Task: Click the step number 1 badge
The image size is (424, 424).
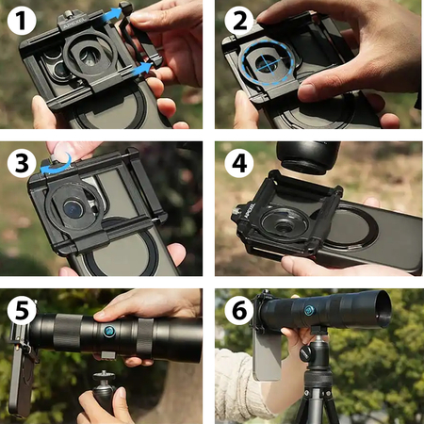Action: [x=22, y=20]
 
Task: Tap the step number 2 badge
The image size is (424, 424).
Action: [x=239, y=21]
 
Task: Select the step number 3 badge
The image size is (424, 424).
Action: [x=22, y=163]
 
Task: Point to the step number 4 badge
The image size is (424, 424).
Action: [x=239, y=163]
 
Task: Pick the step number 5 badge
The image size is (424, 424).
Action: [x=22, y=310]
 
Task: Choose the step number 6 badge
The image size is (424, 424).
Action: [x=239, y=310]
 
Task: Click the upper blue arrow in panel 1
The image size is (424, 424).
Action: [x=111, y=15]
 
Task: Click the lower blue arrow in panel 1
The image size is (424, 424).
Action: [x=140, y=70]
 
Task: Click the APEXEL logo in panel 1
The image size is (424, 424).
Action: [x=73, y=24]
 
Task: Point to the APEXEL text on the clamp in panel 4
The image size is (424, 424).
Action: [x=250, y=210]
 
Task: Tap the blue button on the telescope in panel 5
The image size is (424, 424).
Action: [x=109, y=332]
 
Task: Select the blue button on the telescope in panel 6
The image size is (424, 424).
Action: [x=309, y=311]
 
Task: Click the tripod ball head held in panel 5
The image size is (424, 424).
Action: [x=104, y=387]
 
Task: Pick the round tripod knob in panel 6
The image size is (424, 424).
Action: [x=306, y=353]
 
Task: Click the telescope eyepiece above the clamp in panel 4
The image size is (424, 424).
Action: [x=308, y=157]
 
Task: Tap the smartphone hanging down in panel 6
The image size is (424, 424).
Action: [x=267, y=354]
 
